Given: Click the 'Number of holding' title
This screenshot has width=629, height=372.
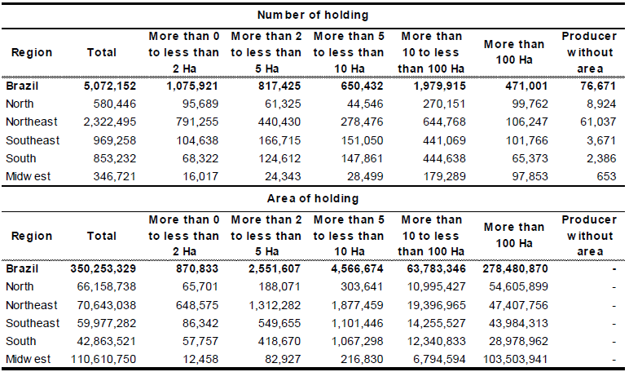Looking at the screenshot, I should [x=314, y=15].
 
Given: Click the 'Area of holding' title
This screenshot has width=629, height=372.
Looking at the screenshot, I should [x=314, y=198].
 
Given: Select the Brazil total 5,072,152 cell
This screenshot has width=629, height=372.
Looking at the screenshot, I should [x=103, y=85].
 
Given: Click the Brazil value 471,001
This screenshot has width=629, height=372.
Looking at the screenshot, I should [x=521, y=85].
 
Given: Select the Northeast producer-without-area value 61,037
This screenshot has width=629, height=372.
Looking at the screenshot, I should [x=597, y=122].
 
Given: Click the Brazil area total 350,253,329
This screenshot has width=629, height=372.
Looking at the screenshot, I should [x=99, y=268].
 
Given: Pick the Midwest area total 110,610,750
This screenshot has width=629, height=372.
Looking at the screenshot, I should [x=99, y=360].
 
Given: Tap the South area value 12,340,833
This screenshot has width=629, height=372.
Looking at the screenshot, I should [x=433, y=341].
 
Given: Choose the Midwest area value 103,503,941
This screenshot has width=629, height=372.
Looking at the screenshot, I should [x=512, y=360].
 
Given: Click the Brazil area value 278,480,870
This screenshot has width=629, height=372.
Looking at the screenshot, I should [x=512, y=268].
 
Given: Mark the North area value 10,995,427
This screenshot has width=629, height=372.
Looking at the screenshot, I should [x=433, y=286].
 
